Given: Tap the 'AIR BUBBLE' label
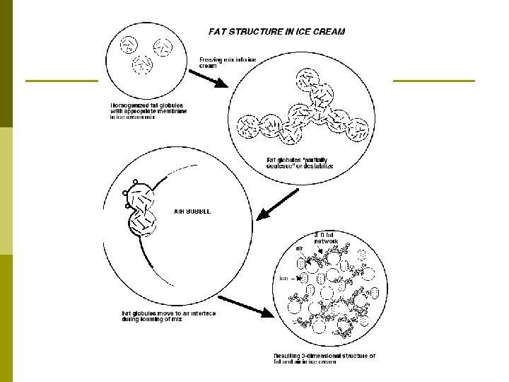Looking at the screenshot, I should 192,211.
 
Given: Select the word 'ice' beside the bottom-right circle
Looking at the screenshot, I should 283,278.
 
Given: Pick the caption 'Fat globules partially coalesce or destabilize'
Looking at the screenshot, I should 300,163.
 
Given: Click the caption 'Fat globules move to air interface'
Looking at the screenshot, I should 168,316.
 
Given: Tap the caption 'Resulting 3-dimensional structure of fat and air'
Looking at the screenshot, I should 324,359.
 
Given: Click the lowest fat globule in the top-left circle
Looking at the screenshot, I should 144,65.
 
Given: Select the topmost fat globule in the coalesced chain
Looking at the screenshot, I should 308,79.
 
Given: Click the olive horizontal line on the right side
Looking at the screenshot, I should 433,81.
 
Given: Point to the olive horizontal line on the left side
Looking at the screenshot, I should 61,81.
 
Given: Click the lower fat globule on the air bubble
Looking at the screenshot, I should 142,224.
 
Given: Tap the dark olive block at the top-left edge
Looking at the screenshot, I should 6,64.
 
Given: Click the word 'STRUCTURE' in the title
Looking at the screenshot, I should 263,31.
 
